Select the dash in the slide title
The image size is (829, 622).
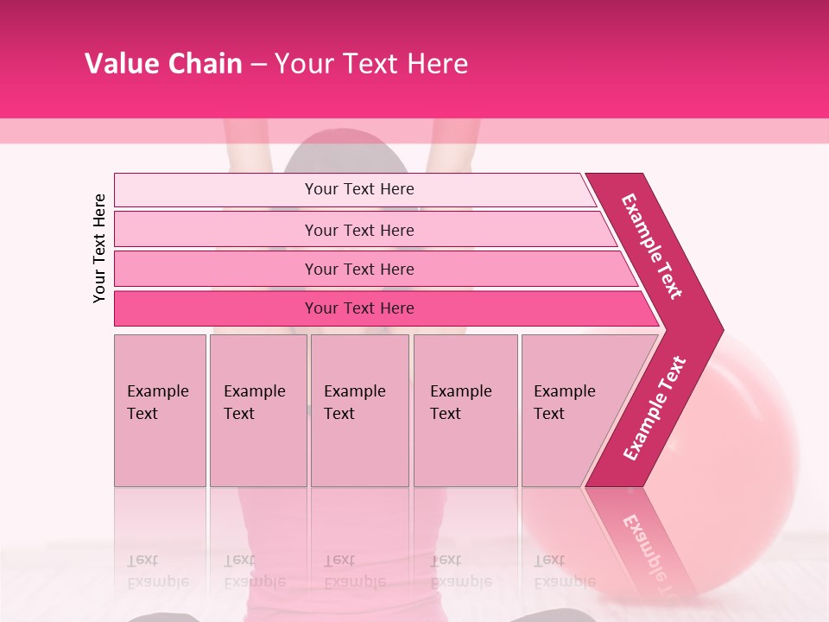pos(258,65)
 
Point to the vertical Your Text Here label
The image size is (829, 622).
pos(99,248)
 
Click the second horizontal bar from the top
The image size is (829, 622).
pos(359,230)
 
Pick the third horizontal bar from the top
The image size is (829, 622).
pos(359,269)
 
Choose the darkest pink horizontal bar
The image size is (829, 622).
pos(359,308)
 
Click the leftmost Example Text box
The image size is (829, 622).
pos(160,410)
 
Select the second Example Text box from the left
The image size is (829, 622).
pos(257,410)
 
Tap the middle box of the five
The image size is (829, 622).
pos(359,410)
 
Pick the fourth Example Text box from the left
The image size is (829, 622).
pos(465,410)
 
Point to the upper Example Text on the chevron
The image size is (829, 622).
pos(652,246)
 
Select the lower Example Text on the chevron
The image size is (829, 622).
pos(654,409)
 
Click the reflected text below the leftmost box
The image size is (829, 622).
pos(157,570)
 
